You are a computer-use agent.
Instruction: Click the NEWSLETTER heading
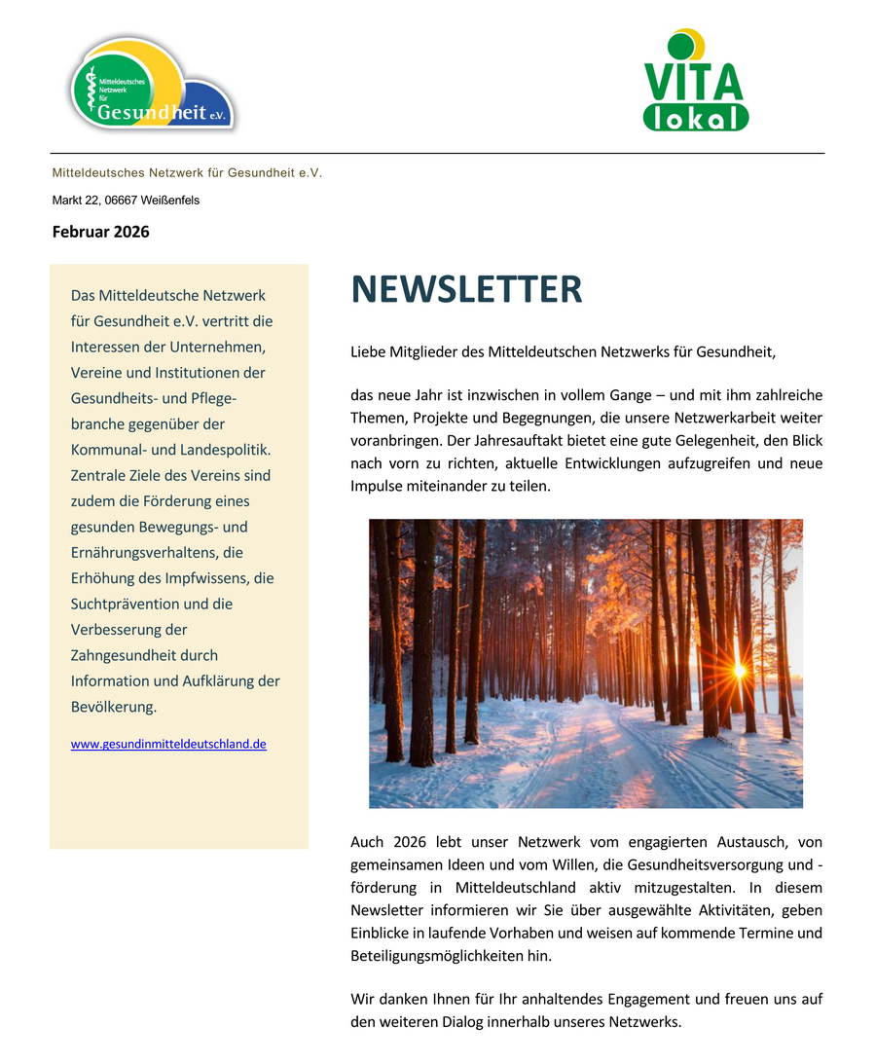(x=466, y=290)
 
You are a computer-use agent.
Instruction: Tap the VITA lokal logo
(x=695, y=81)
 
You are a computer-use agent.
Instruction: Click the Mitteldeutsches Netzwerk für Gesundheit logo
(x=153, y=86)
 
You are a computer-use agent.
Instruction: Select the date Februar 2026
(x=100, y=232)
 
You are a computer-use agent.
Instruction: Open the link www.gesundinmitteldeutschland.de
(x=168, y=744)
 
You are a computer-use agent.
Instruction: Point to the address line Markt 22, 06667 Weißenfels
(x=126, y=201)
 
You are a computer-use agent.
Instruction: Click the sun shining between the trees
(x=739, y=670)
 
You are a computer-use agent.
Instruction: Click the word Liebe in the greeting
(x=369, y=351)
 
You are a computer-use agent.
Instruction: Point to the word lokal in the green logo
(x=695, y=118)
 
